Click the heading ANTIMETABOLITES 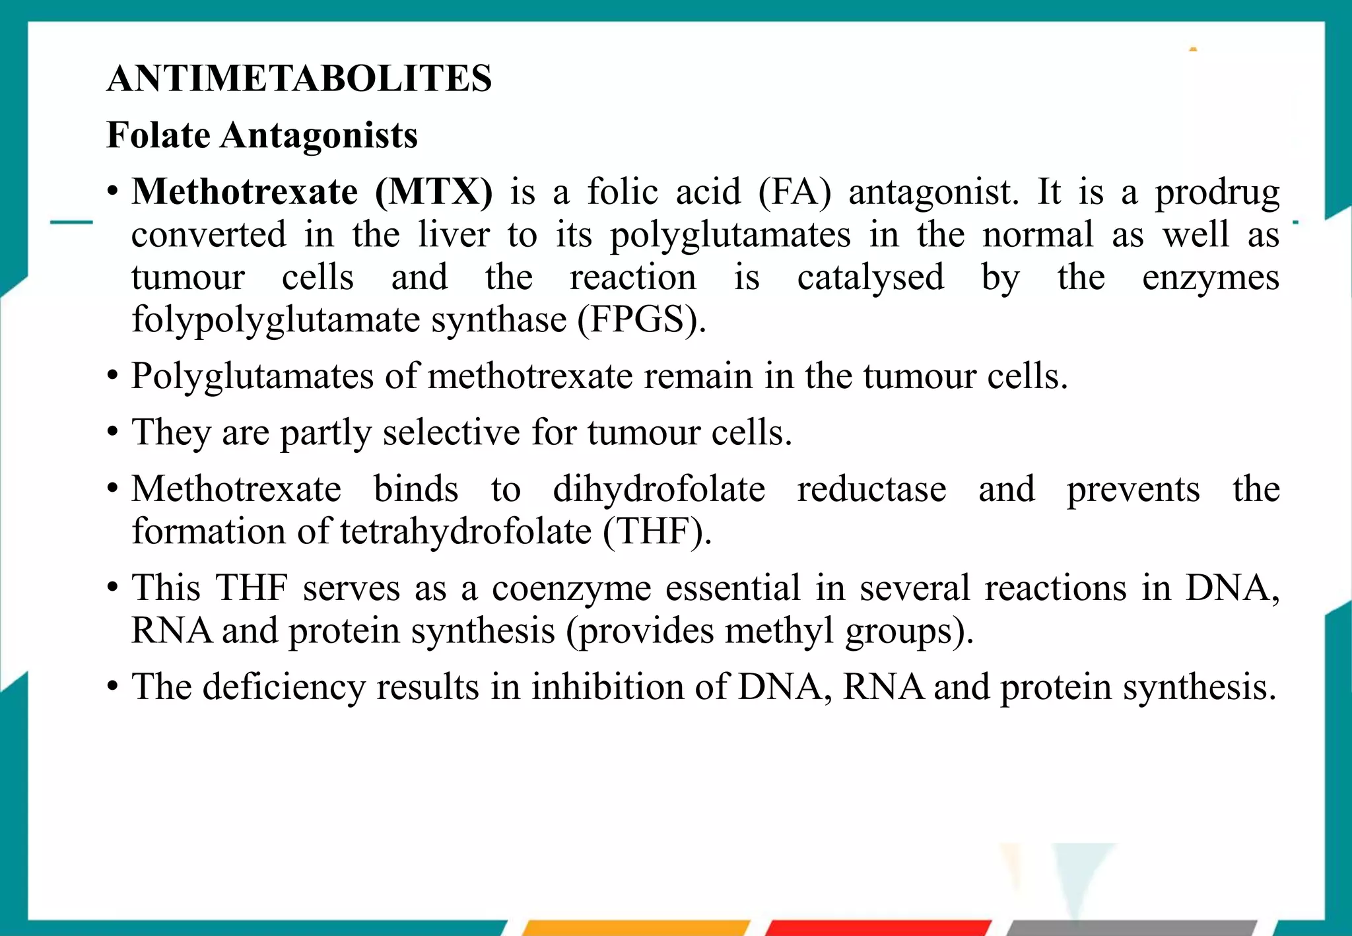pyautogui.click(x=299, y=79)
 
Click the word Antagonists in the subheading pyautogui.click(x=319, y=135)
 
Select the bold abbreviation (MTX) pyautogui.click(x=434, y=192)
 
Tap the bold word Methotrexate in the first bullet pyautogui.click(x=244, y=192)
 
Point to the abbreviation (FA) pyautogui.click(x=794, y=192)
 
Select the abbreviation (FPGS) pyautogui.click(x=641, y=320)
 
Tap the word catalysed pyautogui.click(x=870, y=278)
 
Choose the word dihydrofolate pyautogui.click(x=659, y=489)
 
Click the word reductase pyautogui.click(x=871, y=489)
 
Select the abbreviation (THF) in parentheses pyautogui.click(x=656, y=531)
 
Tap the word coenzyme pyautogui.click(x=571, y=589)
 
